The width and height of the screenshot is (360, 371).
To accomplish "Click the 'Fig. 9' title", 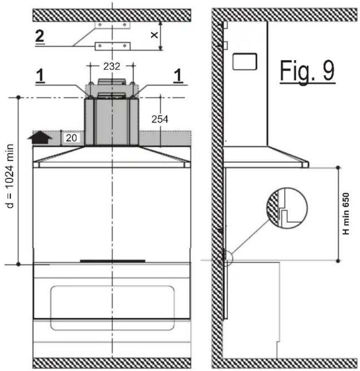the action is point(307,71).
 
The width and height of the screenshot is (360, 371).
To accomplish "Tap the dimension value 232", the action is point(112,66).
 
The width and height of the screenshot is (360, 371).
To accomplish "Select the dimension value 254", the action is point(160,119).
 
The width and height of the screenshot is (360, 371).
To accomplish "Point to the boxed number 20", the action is point(71,138).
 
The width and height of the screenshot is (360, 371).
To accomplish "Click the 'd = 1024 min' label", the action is point(10,176).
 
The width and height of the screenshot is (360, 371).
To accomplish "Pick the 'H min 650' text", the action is point(346,214).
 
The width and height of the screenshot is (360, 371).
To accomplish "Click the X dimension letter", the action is point(154,35).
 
